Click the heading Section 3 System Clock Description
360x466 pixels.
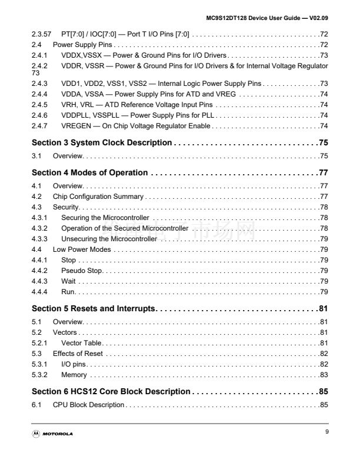(101, 143)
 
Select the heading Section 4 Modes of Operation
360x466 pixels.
(89, 173)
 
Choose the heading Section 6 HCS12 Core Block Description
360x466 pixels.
(111, 391)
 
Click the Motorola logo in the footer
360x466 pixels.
(53, 434)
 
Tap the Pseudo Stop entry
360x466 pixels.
(82, 271)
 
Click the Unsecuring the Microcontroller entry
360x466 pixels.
(109, 239)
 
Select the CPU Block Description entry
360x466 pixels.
(88, 405)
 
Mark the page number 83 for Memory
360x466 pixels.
(324, 375)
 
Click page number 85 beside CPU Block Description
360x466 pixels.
(324, 405)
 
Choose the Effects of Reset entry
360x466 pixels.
(78, 354)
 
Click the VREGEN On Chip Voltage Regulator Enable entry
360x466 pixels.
(136, 126)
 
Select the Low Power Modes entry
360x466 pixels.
(82, 249)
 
